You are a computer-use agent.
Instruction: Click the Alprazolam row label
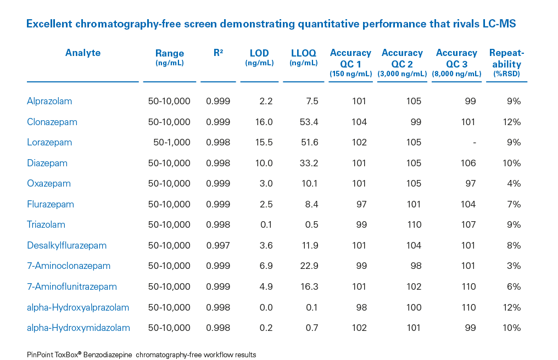49,101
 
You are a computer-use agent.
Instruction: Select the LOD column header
259,54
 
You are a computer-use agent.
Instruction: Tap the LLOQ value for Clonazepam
308,122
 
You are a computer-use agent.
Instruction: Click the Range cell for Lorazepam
172,142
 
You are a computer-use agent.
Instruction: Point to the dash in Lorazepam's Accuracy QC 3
474,142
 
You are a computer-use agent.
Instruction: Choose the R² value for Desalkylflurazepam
218,245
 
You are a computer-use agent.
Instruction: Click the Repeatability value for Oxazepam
514,183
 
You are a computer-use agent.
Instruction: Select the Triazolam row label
46,224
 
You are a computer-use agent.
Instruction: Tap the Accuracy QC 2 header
402,58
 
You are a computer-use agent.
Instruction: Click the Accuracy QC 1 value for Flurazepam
361,204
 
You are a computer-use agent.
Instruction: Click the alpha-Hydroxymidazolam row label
79,328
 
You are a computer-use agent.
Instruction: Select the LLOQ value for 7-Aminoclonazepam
308,266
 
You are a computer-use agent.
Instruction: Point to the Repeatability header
506,58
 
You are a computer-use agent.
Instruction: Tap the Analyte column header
83,53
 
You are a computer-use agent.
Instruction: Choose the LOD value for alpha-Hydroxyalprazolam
266,307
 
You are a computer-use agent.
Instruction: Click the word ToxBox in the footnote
67,355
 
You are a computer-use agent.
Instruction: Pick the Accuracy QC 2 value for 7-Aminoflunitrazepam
414,286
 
